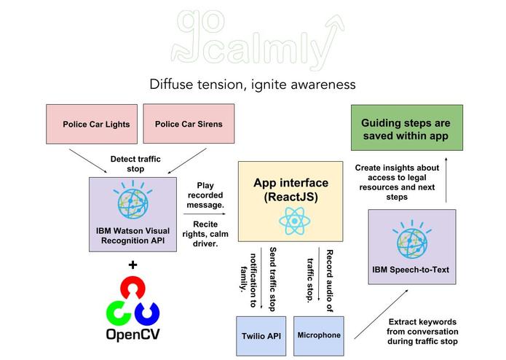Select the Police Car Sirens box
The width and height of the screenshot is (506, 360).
pyautogui.click(x=189, y=124)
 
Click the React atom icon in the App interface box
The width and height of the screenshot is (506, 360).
pyautogui.click(x=290, y=218)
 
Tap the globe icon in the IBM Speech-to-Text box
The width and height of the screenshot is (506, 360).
pyautogui.click(x=411, y=240)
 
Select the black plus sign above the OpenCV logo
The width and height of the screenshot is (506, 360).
pyautogui.click(x=133, y=265)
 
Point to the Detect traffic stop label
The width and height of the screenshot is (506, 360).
pyautogui.click(x=135, y=163)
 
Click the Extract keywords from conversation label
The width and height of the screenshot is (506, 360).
pyautogui.click(x=422, y=330)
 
